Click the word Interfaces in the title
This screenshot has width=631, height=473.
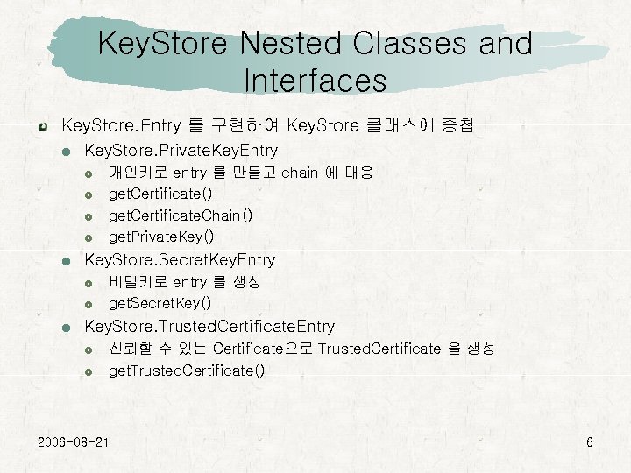[x=315, y=81]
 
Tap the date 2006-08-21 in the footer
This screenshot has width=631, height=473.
[x=74, y=441]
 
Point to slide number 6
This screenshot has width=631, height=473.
[x=590, y=441]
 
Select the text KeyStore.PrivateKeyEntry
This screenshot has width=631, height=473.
[x=181, y=151]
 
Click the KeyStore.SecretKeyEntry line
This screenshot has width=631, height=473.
[x=179, y=260]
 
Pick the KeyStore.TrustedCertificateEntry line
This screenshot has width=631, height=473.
[x=209, y=327]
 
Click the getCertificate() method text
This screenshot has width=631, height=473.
[x=160, y=193]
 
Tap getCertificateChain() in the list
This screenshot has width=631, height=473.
[x=181, y=215]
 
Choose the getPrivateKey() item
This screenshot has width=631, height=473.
[x=161, y=236]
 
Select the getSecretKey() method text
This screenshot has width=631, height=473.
[x=160, y=303]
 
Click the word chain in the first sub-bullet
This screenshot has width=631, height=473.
[x=300, y=173]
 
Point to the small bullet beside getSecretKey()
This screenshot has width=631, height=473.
[x=89, y=304]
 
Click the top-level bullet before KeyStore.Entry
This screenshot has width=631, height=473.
[x=43, y=126]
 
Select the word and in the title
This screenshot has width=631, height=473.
[x=493, y=43]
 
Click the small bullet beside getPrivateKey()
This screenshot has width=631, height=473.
[x=89, y=237]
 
